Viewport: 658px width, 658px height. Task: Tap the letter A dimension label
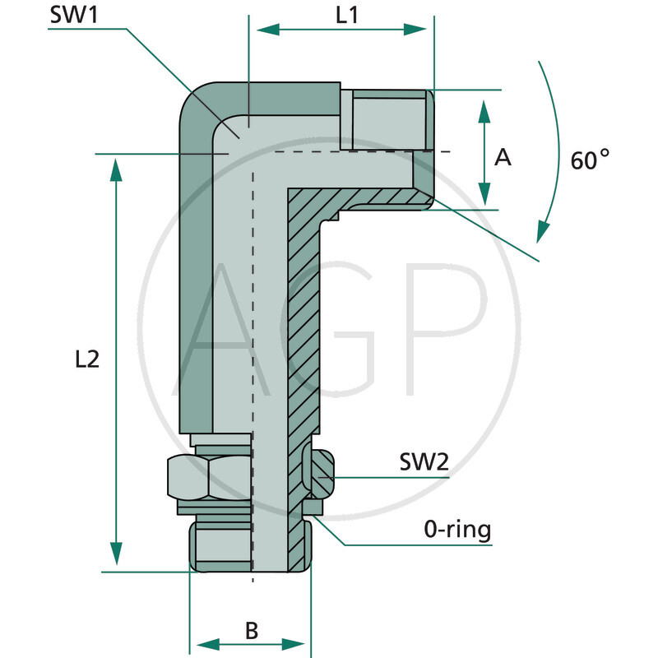tap(502, 157)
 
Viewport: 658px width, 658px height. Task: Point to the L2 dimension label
tap(86, 359)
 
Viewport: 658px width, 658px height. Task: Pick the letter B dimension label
tap(252, 631)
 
